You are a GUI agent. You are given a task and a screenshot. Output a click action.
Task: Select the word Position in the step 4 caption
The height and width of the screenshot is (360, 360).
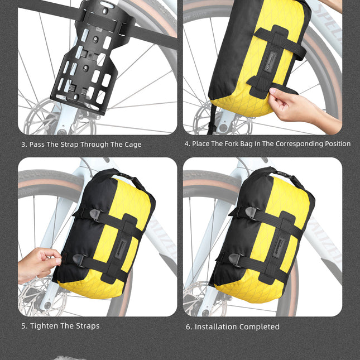click(x=334, y=144)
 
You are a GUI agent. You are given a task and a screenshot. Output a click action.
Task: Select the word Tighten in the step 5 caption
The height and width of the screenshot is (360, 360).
click(x=45, y=326)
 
